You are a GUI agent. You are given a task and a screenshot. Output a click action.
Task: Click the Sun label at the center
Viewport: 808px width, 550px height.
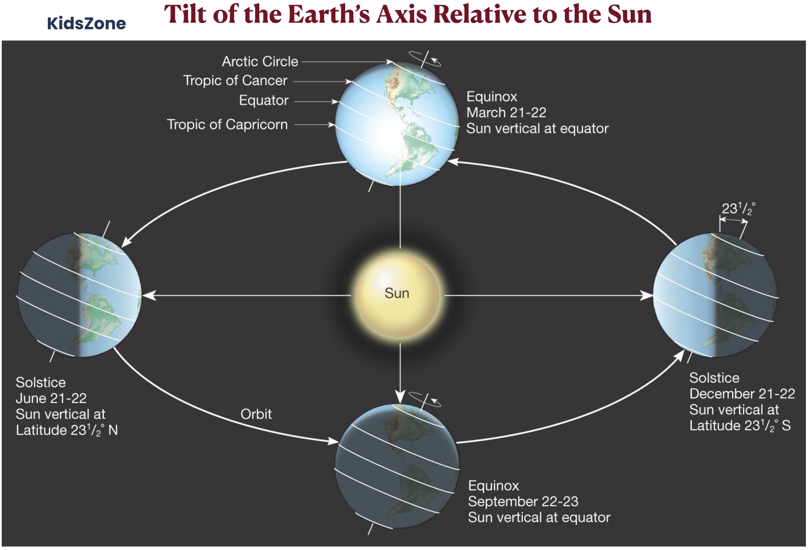tap(397, 293)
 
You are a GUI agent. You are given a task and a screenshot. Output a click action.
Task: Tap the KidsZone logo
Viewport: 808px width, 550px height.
tap(87, 23)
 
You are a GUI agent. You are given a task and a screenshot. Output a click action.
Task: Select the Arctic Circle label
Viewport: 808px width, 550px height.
tap(260, 61)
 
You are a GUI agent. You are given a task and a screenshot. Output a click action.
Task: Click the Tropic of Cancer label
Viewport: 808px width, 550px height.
tap(235, 81)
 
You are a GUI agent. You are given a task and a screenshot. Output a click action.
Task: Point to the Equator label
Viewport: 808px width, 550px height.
tap(264, 101)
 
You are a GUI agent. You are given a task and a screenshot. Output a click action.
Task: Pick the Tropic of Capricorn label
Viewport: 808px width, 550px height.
tap(227, 125)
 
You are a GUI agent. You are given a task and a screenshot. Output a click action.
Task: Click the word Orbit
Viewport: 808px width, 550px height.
tap(256, 414)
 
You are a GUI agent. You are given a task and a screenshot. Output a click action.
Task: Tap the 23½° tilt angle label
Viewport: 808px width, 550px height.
tap(738, 209)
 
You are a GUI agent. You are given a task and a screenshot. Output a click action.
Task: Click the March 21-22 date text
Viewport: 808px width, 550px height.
tap(506, 113)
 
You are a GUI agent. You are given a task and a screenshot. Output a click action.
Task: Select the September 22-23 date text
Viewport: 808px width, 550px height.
tap(523, 501)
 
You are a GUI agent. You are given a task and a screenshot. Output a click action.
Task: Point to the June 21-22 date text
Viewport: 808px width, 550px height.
tap(51, 398)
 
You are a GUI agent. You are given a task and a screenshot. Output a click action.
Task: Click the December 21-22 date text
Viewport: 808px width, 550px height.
tap(742, 394)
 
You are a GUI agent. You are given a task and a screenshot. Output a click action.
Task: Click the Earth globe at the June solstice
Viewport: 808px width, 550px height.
tap(80, 295)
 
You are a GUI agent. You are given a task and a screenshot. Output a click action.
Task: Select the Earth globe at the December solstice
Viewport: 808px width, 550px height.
tap(715, 295)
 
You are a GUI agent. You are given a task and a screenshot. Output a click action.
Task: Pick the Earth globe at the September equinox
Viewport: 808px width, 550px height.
tap(397, 466)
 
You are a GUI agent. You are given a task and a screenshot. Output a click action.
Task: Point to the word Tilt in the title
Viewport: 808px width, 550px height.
tap(186, 15)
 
